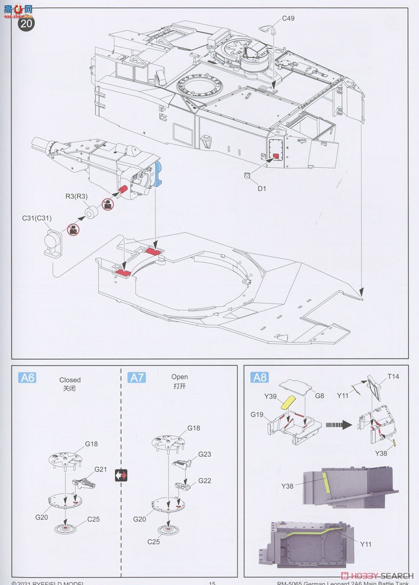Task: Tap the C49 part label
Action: tap(288, 19)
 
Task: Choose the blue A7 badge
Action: tap(137, 377)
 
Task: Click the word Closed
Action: tap(70, 380)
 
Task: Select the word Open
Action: tap(179, 377)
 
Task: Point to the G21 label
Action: tap(100, 469)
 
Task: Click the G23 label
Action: tap(204, 454)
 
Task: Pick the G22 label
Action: tap(204, 481)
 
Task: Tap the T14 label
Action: tap(393, 377)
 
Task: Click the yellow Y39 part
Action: tap(287, 402)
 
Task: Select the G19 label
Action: tap(258, 414)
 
